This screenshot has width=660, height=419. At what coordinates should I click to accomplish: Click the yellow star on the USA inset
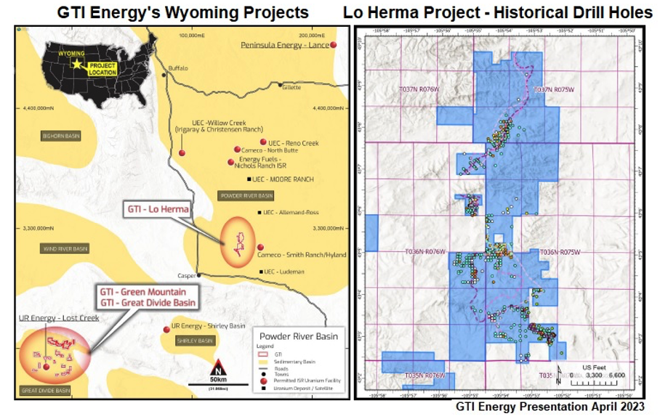click(x=77, y=64)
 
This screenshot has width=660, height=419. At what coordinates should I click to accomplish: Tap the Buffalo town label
click(x=177, y=68)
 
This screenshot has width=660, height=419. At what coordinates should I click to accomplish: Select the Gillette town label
click(x=291, y=87)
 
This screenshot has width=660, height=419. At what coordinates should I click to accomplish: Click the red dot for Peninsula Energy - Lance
click(x=334, y=46)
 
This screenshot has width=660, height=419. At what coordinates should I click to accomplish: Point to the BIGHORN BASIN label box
click(x=60, y=136)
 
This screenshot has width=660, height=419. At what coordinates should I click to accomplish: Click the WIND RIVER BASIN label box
click(x=60, y=248)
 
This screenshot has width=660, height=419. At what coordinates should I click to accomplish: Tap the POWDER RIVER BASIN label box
click(x=246, y=195)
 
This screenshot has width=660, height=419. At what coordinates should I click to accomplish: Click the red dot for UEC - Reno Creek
click(x=263, y=142)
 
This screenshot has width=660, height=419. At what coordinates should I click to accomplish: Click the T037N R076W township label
click(x=419, y=89)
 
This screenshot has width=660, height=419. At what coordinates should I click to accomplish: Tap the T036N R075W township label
click(x=555, y=252)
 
